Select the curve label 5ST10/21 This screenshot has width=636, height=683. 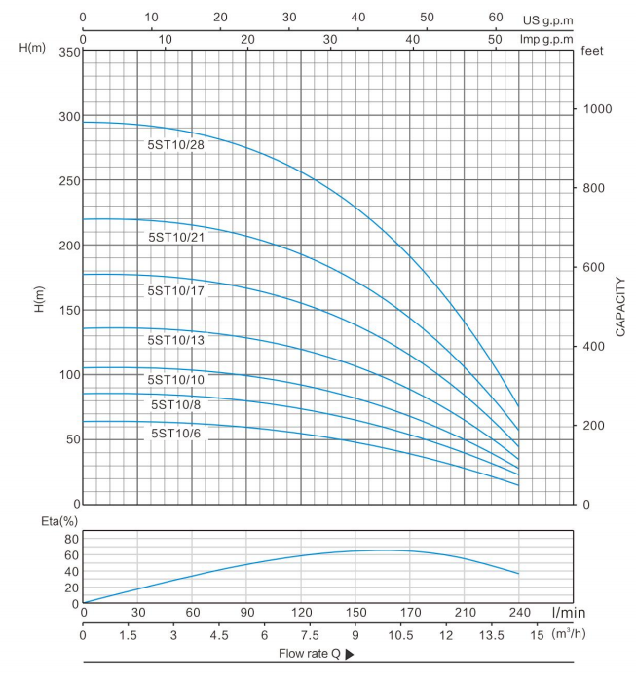(176, 236)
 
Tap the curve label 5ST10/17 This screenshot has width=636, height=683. (175, 290)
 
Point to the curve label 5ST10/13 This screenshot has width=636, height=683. (175, 340)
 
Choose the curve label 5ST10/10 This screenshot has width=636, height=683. (175, 380)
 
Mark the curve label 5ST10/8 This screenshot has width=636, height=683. (175, 404)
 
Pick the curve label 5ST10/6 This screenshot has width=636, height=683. (175, 433)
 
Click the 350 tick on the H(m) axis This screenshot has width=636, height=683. (66, 51)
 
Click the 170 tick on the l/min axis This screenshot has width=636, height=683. (410, 615)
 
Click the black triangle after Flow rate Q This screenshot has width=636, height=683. (348, 654)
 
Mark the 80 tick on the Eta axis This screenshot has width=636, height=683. (70, 539)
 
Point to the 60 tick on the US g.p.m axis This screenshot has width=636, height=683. (496, 18)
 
